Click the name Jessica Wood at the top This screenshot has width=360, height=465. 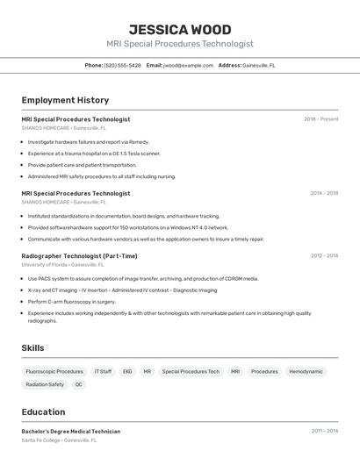(179, 29)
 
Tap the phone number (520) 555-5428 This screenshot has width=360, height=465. (122, 65)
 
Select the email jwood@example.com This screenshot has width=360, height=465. (188, 65)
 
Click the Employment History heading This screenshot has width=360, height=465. (65, 100)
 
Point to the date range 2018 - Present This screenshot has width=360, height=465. (321, 119)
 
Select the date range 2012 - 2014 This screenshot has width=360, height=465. (324, 256)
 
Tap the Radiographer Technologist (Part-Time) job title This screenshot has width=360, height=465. (79, 256)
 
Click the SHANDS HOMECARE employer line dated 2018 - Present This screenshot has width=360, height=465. (63, 128)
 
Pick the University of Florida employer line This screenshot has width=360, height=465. (62, 264)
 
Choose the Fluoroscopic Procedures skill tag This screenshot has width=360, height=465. (54, 371)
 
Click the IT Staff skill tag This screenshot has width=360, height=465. (103, 371)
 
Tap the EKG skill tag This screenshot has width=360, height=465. (127, 371)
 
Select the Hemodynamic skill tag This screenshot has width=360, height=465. (306, 371)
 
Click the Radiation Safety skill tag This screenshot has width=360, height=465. (45, 384)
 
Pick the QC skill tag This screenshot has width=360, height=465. (79, 384)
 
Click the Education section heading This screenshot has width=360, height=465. (43, 411)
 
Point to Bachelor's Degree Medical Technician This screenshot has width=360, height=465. (71, 432)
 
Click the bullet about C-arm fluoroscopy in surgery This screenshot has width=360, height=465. (71, 301)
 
